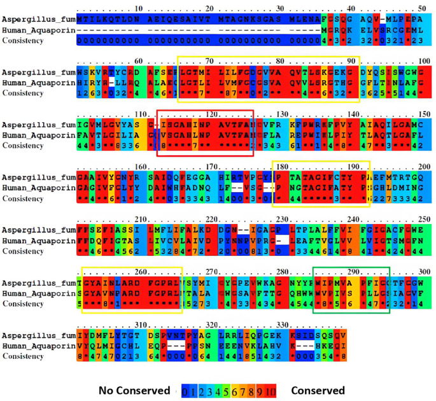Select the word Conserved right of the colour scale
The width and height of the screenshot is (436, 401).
point(317,390)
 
